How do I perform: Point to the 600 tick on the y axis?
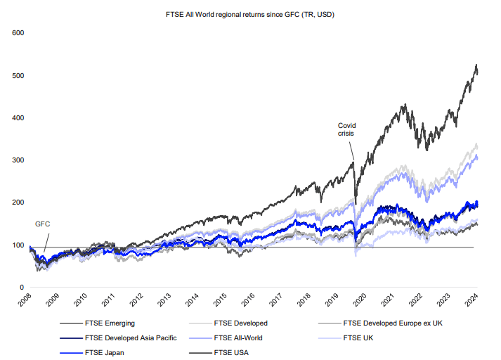[18, 33]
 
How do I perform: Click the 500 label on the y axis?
[18, 75]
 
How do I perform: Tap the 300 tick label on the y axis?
[18, 160]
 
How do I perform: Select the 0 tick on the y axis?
[22, 288]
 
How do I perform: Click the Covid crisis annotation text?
[346, 129]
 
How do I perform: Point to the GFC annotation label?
[43, 224]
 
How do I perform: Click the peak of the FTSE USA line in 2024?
[476, 65]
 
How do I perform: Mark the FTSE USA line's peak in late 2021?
[404, 105]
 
